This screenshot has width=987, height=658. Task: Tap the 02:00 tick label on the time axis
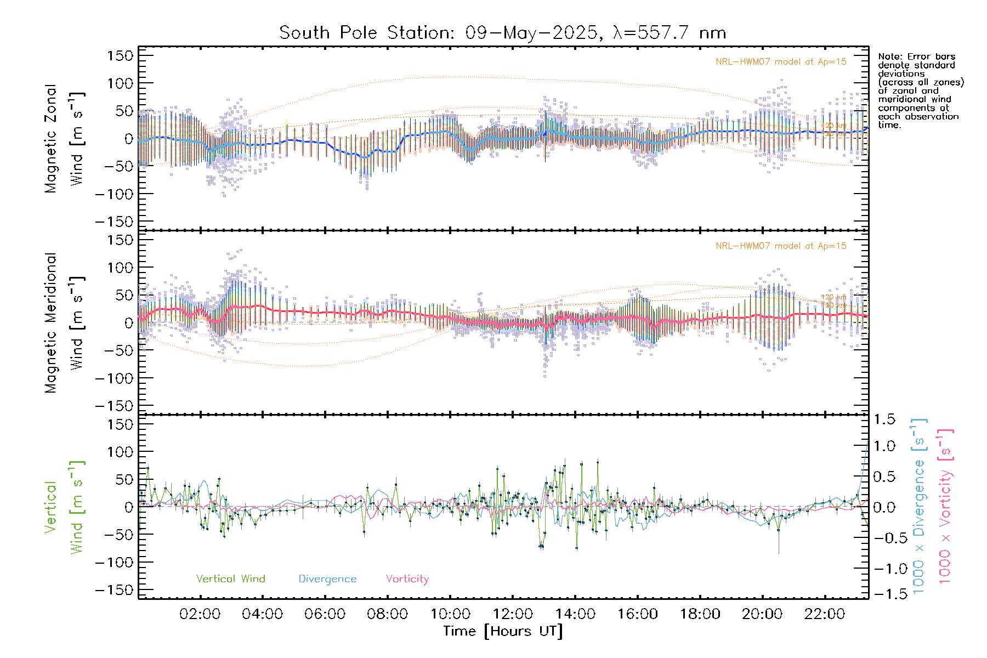tap(200, 614)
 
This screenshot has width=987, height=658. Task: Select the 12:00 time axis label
tap(512, 614)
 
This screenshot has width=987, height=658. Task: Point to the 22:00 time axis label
tap(825, 614)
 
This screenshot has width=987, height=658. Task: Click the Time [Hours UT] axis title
tap(503, 631)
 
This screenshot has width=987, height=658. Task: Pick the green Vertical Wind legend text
tap(230, 579)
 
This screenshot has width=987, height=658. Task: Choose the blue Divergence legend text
tap(327, 579)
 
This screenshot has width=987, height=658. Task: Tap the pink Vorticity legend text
tap(407, 579)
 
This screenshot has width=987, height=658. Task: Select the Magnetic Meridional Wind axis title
tap(64, 323)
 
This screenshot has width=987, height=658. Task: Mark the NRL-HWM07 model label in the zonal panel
tap(781, 62)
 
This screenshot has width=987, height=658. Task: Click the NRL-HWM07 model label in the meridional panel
tap(781, 246)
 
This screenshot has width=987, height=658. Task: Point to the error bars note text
tap(920, 90)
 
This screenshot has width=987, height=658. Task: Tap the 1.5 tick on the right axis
tap(884, 419)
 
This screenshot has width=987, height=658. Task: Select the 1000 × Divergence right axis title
tap(918, 507)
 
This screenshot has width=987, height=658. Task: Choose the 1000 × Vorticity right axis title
tap(945, 507)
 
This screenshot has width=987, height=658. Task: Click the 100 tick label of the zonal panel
tap(120, 83)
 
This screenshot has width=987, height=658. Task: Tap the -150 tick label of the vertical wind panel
tap(114, 590)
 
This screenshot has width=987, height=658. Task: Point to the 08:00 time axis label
tap(387, 614)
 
